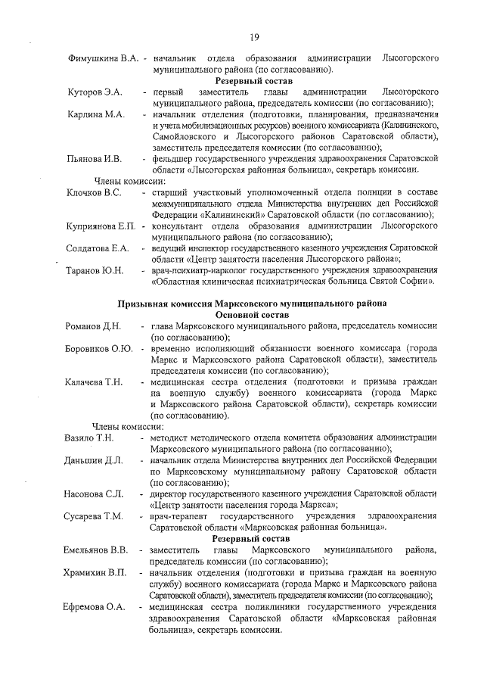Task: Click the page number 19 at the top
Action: click(254, 37)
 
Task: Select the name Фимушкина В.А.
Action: click(103, 58)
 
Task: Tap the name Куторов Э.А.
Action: click(95, 92)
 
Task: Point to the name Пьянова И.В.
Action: click(94, 159)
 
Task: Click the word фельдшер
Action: click(173, 159)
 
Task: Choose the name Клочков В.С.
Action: click(94, 192)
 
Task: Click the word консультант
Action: click(178, 226)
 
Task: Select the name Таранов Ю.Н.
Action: click(95, 270)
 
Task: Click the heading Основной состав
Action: click(253, 314)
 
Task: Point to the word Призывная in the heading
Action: click(144, 304)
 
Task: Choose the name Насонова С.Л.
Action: click(94, 494)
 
